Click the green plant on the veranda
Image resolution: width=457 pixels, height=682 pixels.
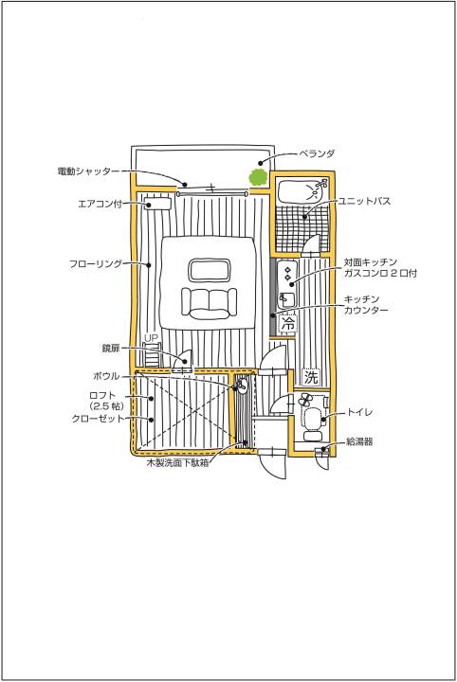(257, 177)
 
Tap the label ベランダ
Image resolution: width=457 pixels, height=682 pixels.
(317, 153)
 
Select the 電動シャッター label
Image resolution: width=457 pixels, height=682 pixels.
(88, 170)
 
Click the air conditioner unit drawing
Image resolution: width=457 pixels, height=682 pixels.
(157, 204)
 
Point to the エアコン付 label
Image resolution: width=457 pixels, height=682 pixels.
(100, 204)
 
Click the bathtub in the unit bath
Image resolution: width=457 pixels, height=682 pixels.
(302, 191)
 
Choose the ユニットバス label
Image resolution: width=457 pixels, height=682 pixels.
(364, 201)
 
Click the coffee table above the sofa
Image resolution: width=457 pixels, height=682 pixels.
(209, 270)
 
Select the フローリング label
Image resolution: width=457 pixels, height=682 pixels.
(96, 263)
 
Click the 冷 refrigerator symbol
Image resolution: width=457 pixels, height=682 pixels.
(287, 323)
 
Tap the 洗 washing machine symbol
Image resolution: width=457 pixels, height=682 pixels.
(311, 377)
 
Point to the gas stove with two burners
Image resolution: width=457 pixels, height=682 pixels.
(287, 271)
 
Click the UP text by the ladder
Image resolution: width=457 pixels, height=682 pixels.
(151, 337)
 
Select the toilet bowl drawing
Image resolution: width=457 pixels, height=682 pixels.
(312, 421)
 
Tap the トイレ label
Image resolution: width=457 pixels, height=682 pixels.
(359, 411)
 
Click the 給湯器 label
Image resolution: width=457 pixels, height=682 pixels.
(359, 442)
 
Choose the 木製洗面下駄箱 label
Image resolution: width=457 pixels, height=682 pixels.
(177, 463)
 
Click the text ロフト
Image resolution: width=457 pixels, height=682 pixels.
(102, 396)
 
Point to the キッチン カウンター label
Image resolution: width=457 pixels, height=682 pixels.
(366, 304)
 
